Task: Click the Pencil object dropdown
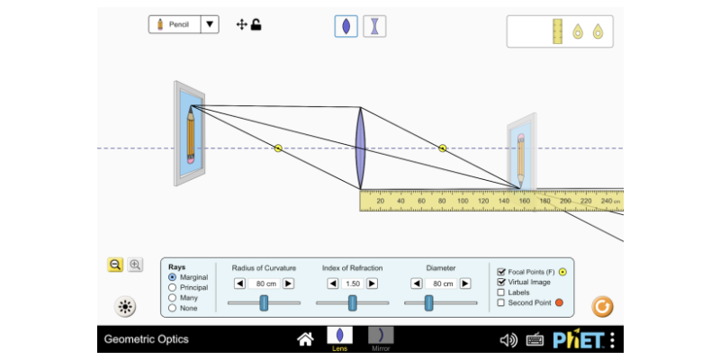point(184,24)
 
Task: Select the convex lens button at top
point(346,26)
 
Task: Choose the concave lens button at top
point(373,26)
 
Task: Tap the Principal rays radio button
point(173,288)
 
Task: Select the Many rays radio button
point(173,298)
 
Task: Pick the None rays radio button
point(173,309)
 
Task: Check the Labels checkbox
point(501,292)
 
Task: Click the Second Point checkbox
point(501,303)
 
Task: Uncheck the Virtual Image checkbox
point(501,282)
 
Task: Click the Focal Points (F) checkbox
point(501,271)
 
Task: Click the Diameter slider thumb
point(441,303)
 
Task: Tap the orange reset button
point(602,306)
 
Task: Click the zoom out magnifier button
point(115,265)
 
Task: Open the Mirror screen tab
point(381,338)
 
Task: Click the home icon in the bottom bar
point(306,339)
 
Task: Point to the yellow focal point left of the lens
point(278,148)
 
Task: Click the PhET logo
point(578,339)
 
